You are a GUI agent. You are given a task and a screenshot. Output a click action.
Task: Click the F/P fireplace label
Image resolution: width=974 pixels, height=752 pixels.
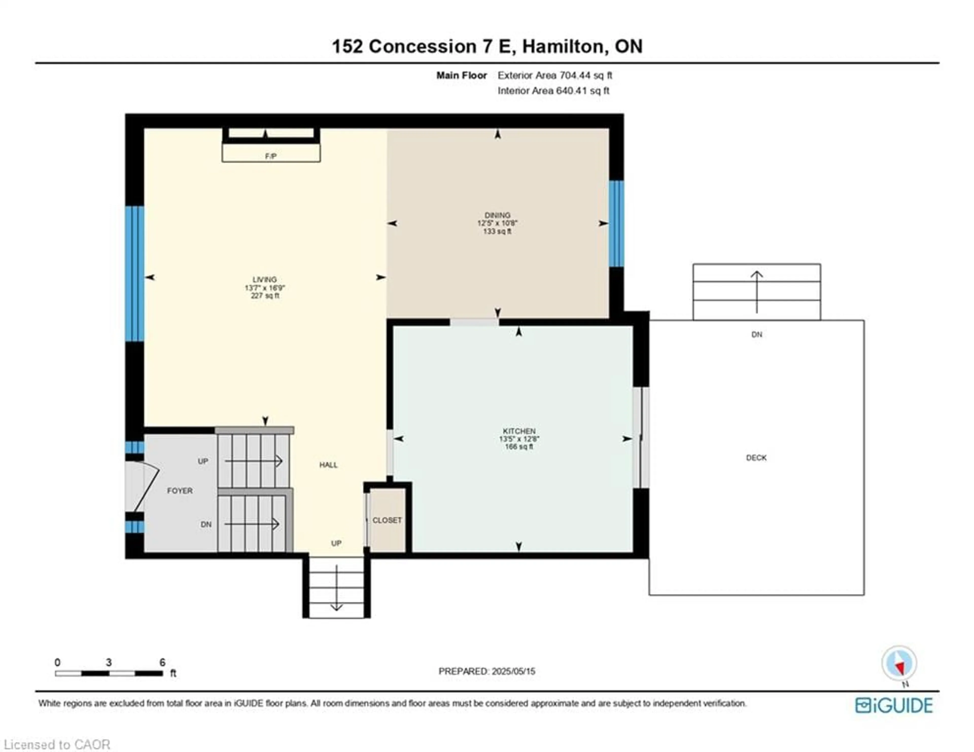pos(271,156)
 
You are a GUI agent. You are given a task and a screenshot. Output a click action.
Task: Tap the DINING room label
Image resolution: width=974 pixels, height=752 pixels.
pos(497,215)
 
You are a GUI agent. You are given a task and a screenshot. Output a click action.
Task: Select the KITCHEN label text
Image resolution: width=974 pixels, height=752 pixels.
pos(519,431)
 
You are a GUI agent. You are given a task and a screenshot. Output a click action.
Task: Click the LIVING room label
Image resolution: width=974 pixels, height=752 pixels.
pos(265,280)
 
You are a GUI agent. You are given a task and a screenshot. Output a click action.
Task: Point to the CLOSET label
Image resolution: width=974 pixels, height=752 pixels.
pos(387,520)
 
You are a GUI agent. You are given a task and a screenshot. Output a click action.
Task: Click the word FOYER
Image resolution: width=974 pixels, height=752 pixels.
pos(180,491)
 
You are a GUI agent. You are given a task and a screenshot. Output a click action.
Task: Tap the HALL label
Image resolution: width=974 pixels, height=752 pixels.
pos(328,465)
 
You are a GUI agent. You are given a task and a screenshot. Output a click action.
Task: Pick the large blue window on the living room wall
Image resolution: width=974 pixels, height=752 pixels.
pos(134,274)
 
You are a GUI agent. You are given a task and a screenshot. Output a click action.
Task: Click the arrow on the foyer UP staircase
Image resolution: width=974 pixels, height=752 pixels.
pos(253,461)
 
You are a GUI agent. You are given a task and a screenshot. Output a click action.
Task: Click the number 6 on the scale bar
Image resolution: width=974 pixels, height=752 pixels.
pos(162,662)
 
